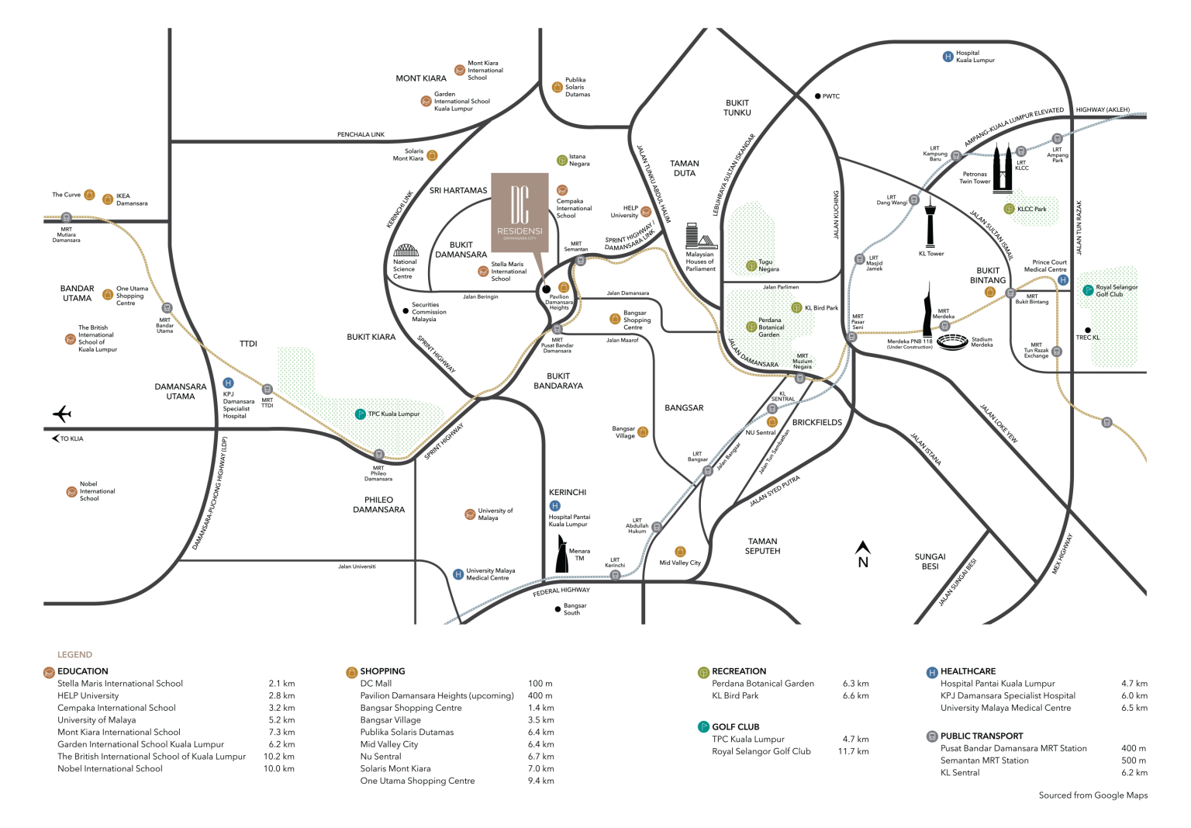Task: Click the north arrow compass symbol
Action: pyautogui.click(x=861, y=554)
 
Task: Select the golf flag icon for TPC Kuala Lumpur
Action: pyautogui.click(x=360, y=414)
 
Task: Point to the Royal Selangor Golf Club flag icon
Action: pyautogui.click(x=1088, y=290)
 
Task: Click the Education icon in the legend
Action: pyautogui.click(x=49, y=672)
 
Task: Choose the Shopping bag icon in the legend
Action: pyautogui.click(x=351, y=672)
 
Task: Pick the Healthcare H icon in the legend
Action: pyautogui.click(x=932, y=672)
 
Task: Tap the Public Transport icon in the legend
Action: pyautogui.click(x=932, y=736)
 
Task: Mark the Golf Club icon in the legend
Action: pyautogui.click(x=703, y=727)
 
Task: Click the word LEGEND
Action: pyautogui.click(x=74, y=655)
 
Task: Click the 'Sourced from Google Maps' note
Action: pyautogui.click(x=1093, y=795)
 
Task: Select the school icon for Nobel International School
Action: pyautogui.click(x=71, y=492)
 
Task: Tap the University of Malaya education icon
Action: pyautogui.click(x=470, y=514)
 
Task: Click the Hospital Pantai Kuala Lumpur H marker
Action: pyautogui.click(x=555, y=506)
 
